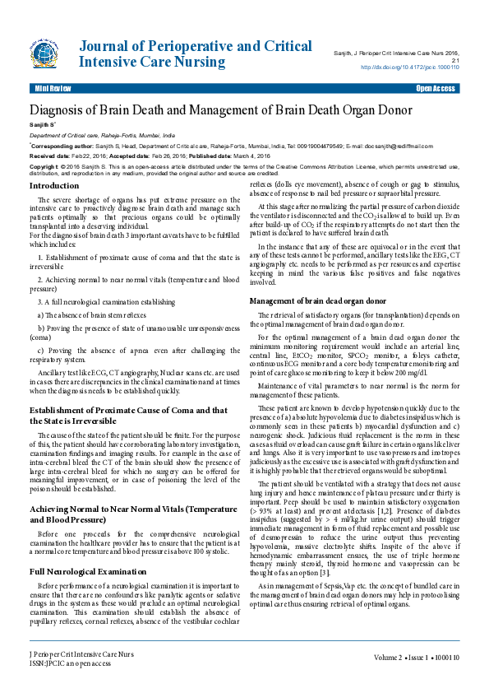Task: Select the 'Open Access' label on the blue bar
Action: (x=435, y=87)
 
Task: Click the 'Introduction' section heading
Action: (x=54, y=185)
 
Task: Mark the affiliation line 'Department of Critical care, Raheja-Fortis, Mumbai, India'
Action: (x=102, y=133)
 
